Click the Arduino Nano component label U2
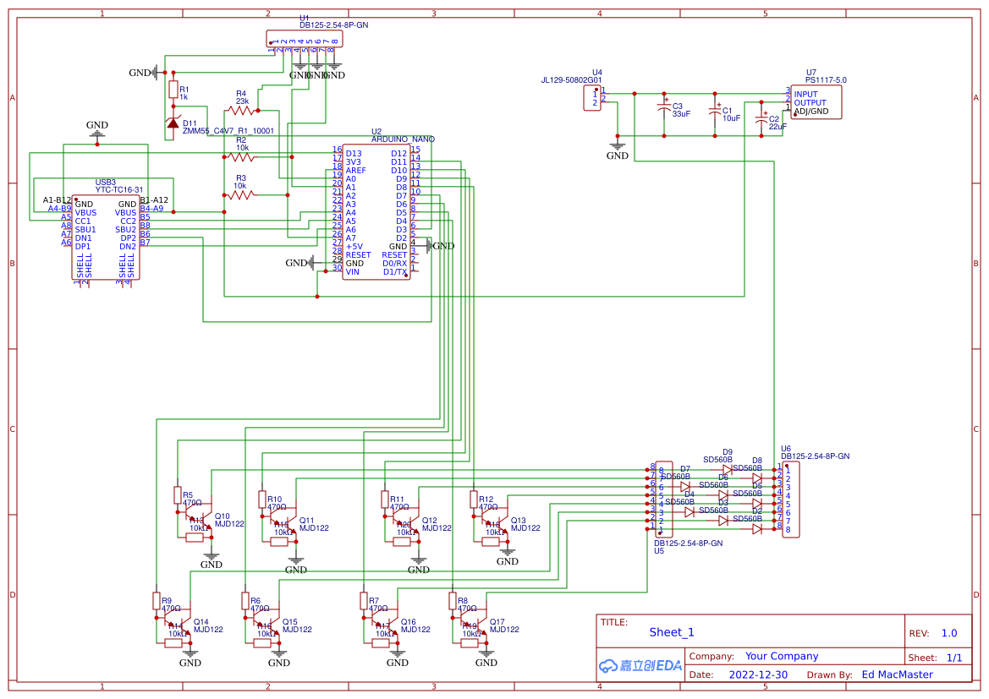pyautogui.click(x=376, y=132)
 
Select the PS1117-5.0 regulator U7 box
pyautogui.click(x=816, y=102)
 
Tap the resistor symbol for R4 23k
pyautogui.click(x=241, y=110)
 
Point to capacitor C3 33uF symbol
pyautogui.click(x=665, y=109)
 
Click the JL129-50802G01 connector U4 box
pyautogui.click(x=595, y=98)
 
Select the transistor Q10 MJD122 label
pyautogui.click(x=228, y=520)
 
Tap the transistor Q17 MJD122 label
pyautogui.click(x=503, y=625)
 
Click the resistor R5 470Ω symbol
pyautogui.click(x=178, y=494)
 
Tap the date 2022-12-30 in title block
pyautogui.click(x=757, y=674)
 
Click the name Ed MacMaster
pyautogui.click(x=897, y=674)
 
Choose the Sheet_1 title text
pyautogui.click(x=671, y=632)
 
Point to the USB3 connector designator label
pyautogui.click(x=106, y=182)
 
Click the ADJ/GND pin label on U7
pyautogui.click(x=811, y=112)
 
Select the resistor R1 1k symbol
pyautogui.click(x=173, y=90)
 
